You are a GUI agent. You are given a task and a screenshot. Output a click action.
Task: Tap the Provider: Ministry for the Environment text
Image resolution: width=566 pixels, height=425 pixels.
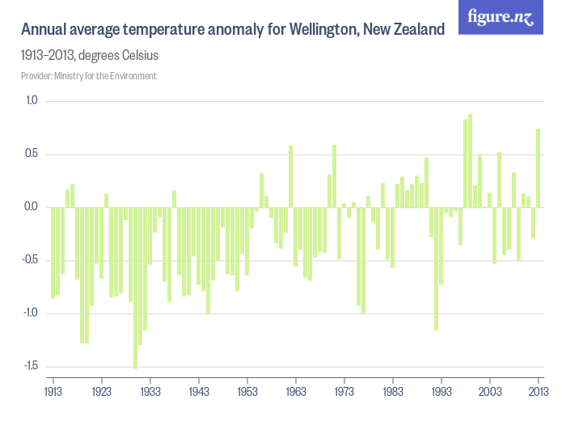pos(88,75)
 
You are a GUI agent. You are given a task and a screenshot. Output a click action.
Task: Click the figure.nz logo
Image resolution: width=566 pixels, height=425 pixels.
pos(501,17)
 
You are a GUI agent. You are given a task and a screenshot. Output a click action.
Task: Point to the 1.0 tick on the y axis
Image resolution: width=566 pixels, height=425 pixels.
pos(32,100)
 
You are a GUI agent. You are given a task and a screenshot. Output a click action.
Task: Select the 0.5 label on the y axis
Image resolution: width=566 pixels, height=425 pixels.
pos(32,154)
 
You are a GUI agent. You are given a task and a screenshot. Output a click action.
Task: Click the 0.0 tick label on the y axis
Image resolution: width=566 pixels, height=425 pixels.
pos(32,206)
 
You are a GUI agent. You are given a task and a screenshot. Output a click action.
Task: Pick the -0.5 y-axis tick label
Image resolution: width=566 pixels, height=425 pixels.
pos(31,260)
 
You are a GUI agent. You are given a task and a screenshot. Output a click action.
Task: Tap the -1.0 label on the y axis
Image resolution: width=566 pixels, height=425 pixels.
pos(31,312)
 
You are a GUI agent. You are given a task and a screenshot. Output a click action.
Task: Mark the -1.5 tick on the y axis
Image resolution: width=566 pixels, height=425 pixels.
pos(31,366)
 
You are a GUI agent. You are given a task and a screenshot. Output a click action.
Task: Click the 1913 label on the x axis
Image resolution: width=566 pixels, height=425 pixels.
pos(53,391)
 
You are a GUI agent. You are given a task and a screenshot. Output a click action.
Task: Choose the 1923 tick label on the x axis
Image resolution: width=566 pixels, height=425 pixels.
pos(102,391)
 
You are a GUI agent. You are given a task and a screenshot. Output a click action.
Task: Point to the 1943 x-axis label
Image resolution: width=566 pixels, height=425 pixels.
pos(199,391)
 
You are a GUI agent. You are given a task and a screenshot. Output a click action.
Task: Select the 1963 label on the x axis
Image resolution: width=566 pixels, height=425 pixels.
pos(296,391)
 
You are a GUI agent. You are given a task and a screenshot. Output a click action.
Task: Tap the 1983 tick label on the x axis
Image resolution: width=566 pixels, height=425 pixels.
pos(393,391)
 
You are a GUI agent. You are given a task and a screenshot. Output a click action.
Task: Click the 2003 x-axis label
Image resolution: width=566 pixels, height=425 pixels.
pos(490,391)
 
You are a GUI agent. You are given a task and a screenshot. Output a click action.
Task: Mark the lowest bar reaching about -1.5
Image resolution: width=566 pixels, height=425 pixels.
pos(136,287)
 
